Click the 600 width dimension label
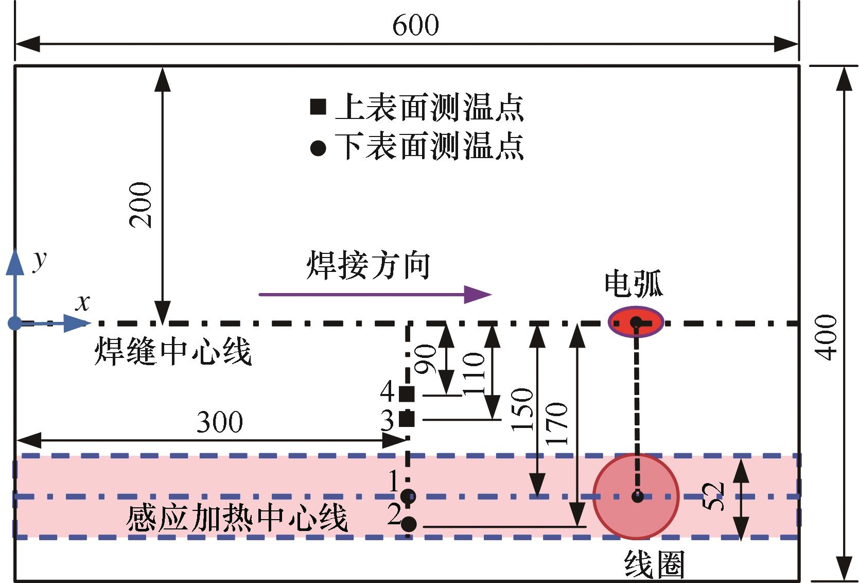(415, 25)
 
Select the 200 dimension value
(141, 205)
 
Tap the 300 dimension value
(220, 423)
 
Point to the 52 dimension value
(714, 495)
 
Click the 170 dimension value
(558, 423)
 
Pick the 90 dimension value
(426, 359)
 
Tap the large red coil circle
(636, 496)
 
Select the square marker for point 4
(407, 394)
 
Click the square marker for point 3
(407, 419)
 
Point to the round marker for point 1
(408, 496)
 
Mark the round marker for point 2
(409, 524)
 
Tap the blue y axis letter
(39, 260)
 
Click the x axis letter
(82, 303)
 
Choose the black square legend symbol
(318, 107)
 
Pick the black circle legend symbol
(318, 149)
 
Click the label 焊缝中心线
(173, 353)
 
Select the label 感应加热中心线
(237, 518)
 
